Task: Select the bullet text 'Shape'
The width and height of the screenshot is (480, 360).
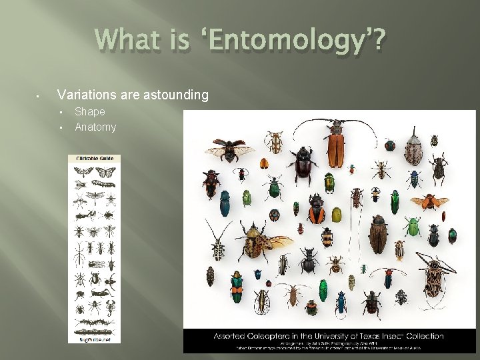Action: pos(89,111)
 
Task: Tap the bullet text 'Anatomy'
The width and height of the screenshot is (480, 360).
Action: pos(95,127)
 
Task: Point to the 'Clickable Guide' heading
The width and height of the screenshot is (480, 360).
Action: pos(94,159)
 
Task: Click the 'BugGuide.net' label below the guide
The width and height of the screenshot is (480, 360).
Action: pos(94,339)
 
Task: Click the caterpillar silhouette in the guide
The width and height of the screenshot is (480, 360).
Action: pos(104,182)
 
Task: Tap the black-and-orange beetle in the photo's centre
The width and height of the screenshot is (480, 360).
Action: pos(317,212)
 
